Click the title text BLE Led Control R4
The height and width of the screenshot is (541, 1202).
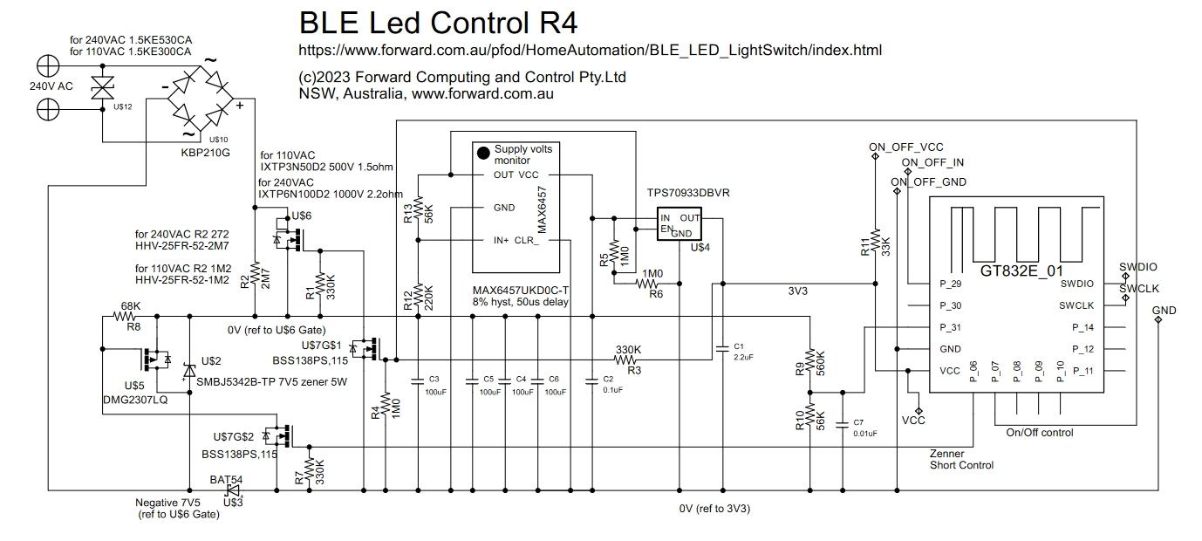[438, 22]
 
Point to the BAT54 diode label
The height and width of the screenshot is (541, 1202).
[226, 480]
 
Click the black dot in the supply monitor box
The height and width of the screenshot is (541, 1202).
[482, 154]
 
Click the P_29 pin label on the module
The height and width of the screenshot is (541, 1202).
[950, 284]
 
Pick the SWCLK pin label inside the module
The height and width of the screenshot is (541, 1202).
[1076, 305]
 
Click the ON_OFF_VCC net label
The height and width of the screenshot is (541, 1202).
[905, 147]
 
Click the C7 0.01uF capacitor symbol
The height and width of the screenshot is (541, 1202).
[842, 426]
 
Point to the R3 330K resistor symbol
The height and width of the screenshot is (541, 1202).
[627, 360]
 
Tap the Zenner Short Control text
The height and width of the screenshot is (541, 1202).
[961, 459]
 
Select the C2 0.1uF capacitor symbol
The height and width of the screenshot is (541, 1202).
[594, 381]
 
